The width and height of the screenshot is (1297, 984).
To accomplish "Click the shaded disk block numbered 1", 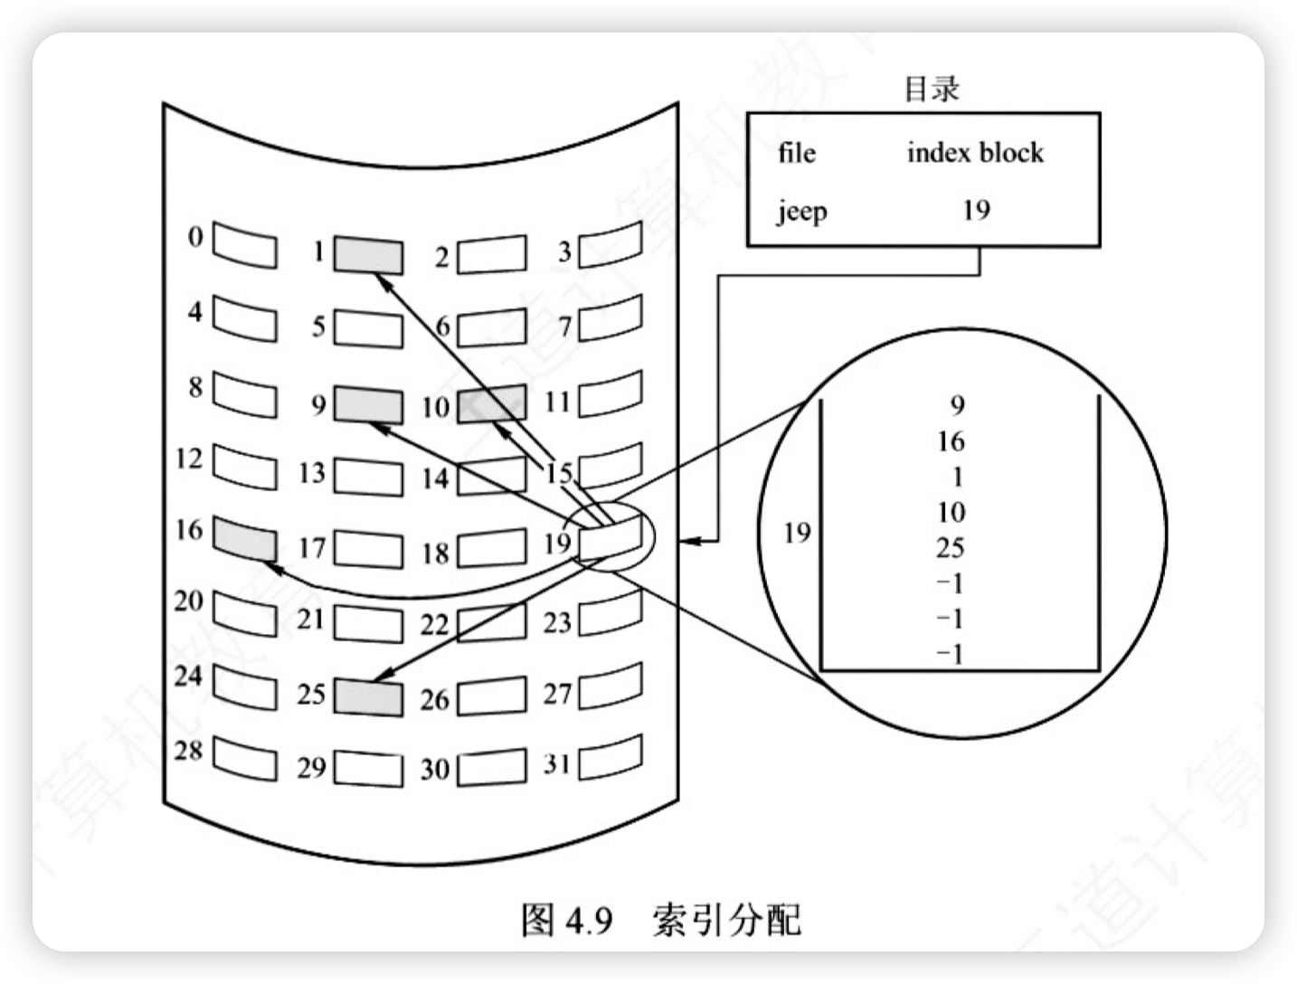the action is click(368, 255).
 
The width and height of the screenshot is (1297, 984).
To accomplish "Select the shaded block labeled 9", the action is click(368, 404).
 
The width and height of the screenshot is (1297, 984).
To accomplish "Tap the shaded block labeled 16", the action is click(244, 539).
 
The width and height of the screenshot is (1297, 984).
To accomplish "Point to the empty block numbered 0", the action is click(244, 244).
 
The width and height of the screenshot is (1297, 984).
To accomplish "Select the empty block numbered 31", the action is click(611, 757).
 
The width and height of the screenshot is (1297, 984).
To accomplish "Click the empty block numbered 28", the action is click(244, 759).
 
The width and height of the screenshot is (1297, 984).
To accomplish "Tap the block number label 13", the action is click(312, 472).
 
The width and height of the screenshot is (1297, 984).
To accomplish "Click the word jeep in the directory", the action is click(802, 212).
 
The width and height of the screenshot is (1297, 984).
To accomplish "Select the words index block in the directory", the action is click(976, 152).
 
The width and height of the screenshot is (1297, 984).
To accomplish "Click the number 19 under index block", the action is click(977, 210).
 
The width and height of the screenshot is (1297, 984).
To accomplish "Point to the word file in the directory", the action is click(797, 152).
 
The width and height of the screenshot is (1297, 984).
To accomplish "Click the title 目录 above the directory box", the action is click(932, 90).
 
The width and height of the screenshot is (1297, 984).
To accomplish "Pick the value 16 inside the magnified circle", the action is click(951, 441).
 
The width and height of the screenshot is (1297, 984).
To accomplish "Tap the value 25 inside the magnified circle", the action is click(951, 547).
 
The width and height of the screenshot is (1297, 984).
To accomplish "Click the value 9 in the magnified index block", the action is click(957, 404).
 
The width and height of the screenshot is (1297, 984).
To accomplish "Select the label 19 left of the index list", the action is click(797, 533).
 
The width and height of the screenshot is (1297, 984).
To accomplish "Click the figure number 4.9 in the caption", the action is click(589, 920).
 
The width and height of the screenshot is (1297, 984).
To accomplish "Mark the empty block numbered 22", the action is click(492, 622).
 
